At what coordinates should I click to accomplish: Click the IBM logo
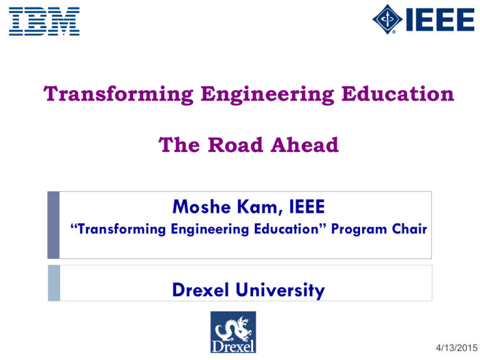pos(44,21)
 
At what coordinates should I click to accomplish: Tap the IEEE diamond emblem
pos(387,19)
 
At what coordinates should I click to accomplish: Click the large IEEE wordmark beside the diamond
pos(440,19)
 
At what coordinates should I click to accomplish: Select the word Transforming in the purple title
pos(118,94)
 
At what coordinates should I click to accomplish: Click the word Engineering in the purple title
pos(267,94)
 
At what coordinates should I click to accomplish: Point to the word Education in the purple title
pos(397,94)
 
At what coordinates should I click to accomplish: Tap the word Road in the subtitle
pos(236,144)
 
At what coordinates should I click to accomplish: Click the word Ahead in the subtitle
pos(304,144)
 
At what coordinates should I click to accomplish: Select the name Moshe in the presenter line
pos(201,207)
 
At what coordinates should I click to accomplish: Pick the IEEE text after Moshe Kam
pos(307,207)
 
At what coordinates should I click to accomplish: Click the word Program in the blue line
pos(359,229)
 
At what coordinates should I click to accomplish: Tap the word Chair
pos(409,229)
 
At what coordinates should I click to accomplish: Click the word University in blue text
pos(280,290)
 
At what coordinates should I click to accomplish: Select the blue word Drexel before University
pos(201,289)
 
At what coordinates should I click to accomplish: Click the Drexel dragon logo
pos(233,332)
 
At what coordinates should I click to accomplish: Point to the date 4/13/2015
pos(457,347)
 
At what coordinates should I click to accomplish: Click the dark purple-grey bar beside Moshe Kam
pos(54,225)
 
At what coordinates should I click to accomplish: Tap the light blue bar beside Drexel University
pos(54,283)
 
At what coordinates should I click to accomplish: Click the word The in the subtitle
pos(179,144)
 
